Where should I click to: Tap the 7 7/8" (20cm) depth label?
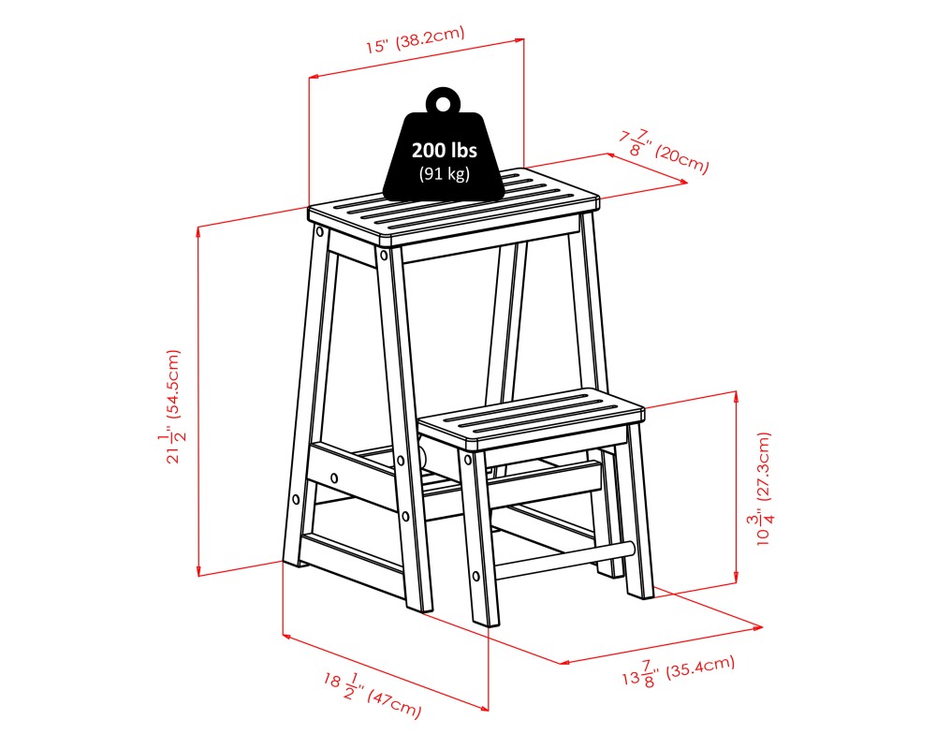tap(662, 150)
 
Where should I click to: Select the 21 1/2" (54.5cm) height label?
tap(172, 407)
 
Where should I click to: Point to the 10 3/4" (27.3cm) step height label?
tap(764, 489)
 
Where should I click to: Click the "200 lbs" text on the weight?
tap(445, 151)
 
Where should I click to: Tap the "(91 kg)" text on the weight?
tap(445, 173)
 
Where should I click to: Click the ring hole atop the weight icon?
tap(443, 102)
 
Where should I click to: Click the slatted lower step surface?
tap(531, 415)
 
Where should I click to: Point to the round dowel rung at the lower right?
tap(562, 561)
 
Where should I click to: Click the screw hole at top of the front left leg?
tap(383, 254)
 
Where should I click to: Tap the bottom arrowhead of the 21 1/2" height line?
tap(198, 573)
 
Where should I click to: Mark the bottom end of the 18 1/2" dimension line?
tap(487, 709)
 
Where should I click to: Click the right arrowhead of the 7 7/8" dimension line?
tap(686, 183)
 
